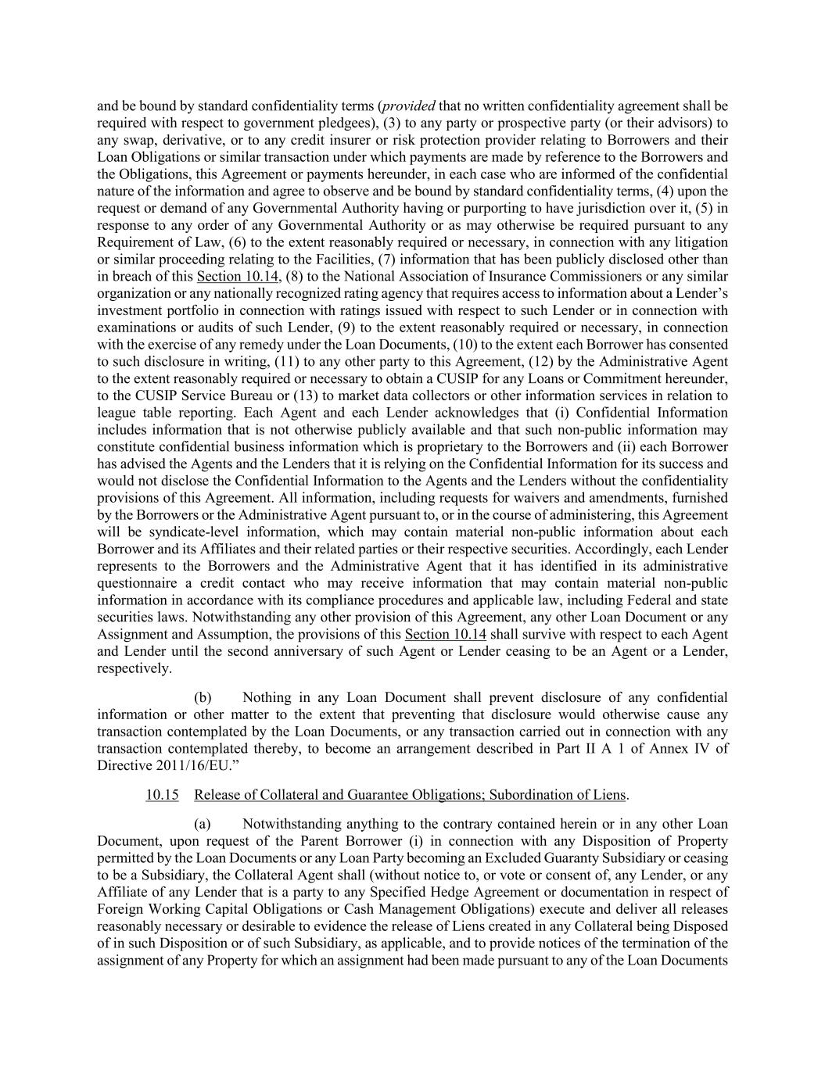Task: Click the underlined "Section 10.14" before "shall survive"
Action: [x=445, y=635]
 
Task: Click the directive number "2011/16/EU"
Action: [x=174, y=765]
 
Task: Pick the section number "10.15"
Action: [x=162, y=795]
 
